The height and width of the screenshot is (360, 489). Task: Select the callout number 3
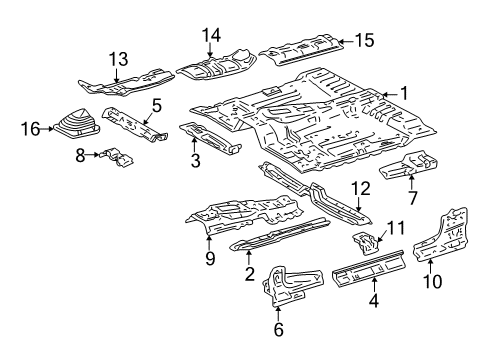[195, 160]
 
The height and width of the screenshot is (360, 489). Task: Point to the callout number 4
[373, 297]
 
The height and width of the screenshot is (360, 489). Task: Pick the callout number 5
[156, 104]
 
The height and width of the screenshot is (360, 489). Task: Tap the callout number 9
[209, 259]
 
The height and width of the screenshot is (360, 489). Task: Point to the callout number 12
[360, 188]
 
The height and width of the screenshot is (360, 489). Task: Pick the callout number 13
[119, 59]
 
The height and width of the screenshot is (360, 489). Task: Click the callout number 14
[211, 36]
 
